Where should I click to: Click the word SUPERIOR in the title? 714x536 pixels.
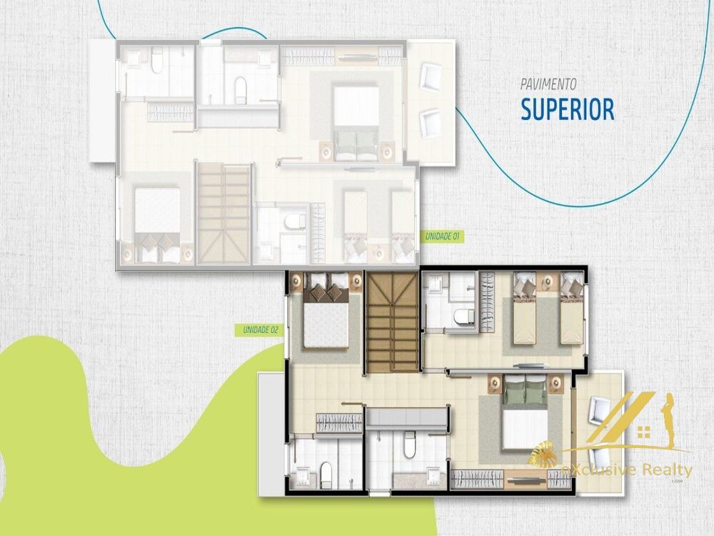[x=567, y=109]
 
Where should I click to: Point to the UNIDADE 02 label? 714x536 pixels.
[x=260, y=329]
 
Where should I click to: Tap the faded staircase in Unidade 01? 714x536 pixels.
[x=225, y=212]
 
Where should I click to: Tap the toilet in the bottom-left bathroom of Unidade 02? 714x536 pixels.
[x=326, y=472]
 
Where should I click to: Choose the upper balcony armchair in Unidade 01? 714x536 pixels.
[x=431, y=76]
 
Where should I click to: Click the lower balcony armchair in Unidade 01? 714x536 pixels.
[x=430, y=121]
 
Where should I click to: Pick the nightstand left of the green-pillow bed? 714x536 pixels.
[x=494, y=384]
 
